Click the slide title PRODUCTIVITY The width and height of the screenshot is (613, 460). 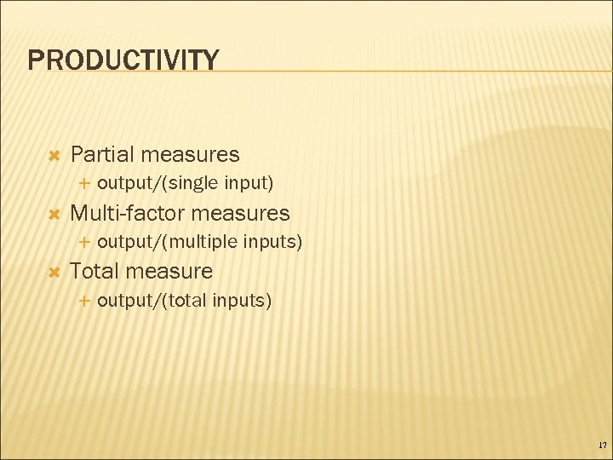123,60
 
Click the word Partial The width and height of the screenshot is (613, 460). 103,154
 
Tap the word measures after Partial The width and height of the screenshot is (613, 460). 192,154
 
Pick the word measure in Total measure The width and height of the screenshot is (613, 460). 169,271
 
